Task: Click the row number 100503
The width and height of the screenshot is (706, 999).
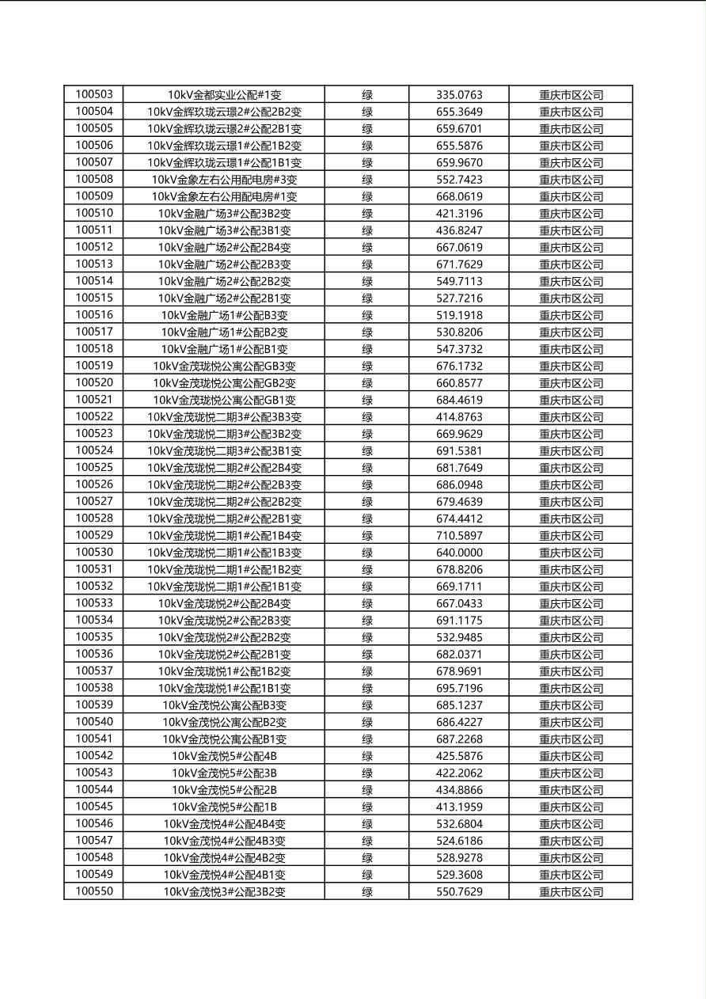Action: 94,95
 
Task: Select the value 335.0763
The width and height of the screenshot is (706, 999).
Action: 459,95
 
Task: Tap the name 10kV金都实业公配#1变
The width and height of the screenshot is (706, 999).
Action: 224,95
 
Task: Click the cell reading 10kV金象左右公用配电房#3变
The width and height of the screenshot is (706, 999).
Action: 224,180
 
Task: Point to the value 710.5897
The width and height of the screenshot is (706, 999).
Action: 459,536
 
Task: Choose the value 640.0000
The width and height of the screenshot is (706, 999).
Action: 459,553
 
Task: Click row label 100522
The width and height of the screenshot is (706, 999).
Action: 94,417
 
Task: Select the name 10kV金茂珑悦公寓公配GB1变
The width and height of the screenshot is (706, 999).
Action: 224,401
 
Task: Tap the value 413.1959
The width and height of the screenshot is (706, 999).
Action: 459,807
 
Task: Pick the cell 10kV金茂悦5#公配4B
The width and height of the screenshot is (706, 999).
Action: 224,756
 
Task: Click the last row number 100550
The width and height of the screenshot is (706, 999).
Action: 94,892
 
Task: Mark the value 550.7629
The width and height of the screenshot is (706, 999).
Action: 459,892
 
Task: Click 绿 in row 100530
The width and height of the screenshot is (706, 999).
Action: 367,553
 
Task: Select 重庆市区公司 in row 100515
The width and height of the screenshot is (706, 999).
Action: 571,298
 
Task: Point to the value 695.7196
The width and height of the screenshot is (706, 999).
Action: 459,689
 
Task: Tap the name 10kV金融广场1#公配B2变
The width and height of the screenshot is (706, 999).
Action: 224,332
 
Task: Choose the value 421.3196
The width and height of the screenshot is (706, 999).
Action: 459,214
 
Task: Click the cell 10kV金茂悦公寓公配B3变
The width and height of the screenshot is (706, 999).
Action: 224,705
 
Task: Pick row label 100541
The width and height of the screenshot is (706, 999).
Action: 94,739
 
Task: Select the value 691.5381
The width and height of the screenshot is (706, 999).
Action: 459,451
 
